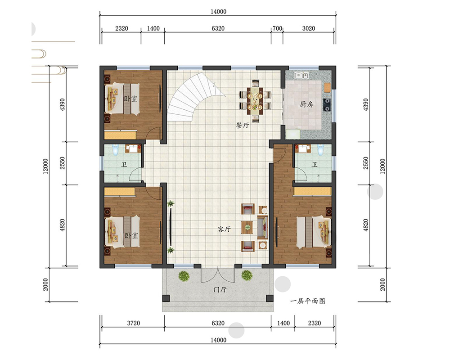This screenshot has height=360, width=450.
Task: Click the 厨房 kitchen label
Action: click(306, 104)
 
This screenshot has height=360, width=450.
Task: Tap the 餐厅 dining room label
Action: click(243, 125)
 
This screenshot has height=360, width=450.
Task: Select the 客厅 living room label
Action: click(224, 229)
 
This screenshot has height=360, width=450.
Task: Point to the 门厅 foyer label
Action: click(220, 289)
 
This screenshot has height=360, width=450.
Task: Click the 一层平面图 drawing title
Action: click(308, 301)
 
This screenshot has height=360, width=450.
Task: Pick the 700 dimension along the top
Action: click(277, 28)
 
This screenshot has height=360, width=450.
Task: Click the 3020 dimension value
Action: click(309, 28)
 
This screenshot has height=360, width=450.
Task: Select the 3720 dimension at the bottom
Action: click(134, 323)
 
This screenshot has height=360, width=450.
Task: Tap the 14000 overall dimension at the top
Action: click(218, 12)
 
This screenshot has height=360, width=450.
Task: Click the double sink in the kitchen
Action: click(301, 76)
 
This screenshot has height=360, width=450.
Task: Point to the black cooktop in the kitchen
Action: click(327, 105)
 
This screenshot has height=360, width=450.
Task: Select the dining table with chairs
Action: click(255, 101)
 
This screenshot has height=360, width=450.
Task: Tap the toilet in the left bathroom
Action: click(115, 150)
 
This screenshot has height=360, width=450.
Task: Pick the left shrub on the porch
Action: click(184, 276)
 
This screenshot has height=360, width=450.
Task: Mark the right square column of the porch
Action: click(270, 298)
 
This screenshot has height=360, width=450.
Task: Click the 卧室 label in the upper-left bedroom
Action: click(130, 99)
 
